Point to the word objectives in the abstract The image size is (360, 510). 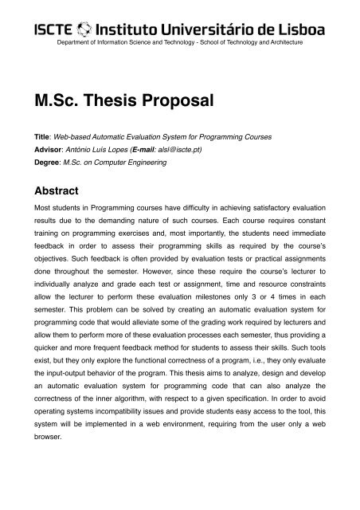pos(54,259)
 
